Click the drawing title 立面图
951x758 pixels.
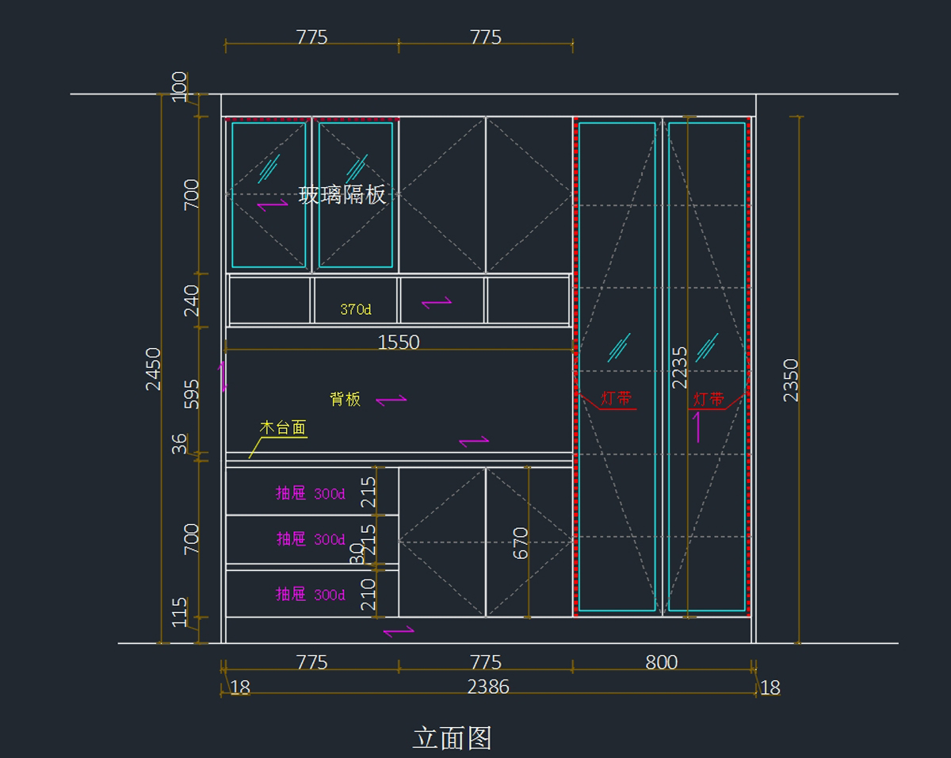point(452,738)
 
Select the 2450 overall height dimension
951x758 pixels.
point(153,369)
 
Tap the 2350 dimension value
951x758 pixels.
point(791,380)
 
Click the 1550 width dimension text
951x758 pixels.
point(399,343)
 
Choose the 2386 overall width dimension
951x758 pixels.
point(488,687)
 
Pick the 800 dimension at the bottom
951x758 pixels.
point(662,662)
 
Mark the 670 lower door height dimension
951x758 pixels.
point(521,543)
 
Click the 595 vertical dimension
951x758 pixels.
point(192,393)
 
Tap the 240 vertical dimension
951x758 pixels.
point(192,301)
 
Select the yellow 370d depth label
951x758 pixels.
point(356,309)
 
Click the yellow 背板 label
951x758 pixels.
point(346,399)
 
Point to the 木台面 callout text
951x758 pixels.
point(283,428)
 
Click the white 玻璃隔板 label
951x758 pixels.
point(342,194)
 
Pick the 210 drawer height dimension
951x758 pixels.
point(369,595)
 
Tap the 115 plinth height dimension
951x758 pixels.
point(181,612)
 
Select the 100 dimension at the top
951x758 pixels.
point(180,86)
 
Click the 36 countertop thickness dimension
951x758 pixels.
point(181,443)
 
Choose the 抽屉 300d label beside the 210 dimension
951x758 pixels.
point(310,594)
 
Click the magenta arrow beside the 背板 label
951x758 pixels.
point(391,400)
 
